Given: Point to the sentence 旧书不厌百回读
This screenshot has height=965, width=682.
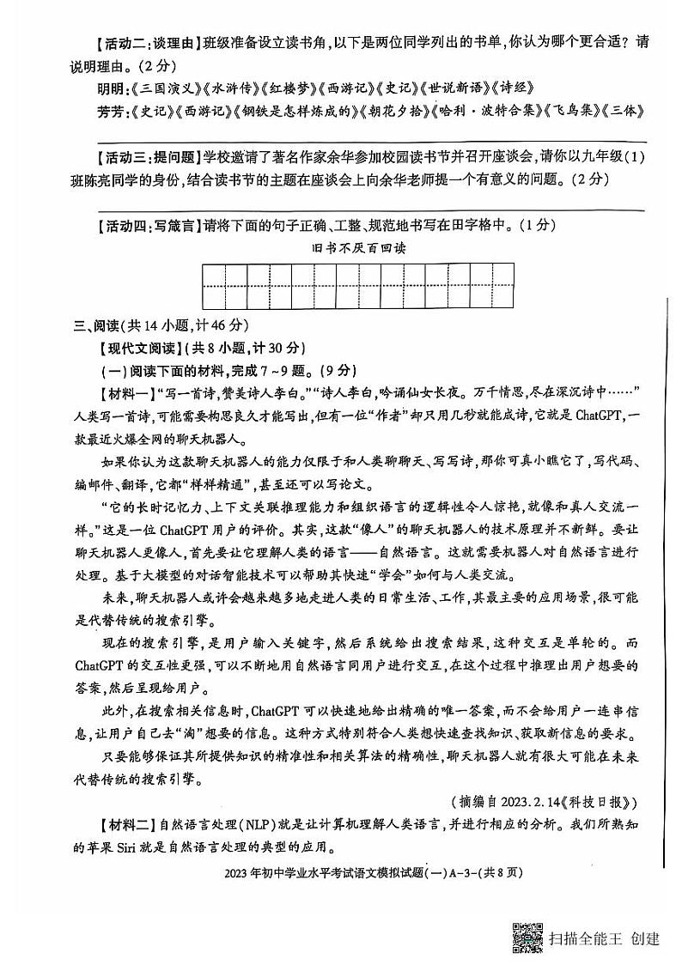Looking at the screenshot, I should (358, 248).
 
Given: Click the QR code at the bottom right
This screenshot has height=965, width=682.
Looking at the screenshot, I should (527, 938).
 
